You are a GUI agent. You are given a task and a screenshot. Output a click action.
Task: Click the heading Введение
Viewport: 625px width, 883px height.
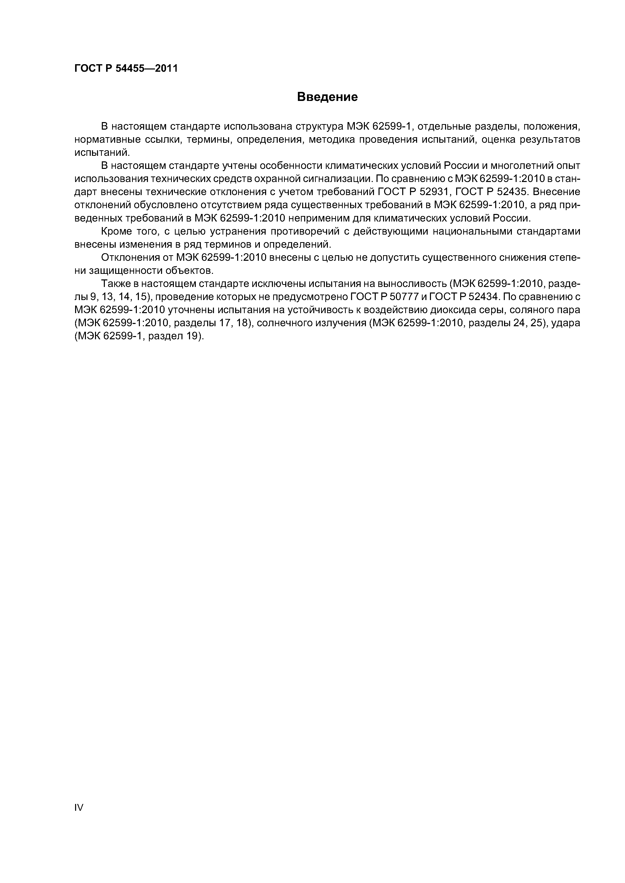click(x=327, y=97)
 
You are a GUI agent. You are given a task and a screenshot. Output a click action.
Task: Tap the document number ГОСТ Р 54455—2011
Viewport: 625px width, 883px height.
click(x=126, y=68)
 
